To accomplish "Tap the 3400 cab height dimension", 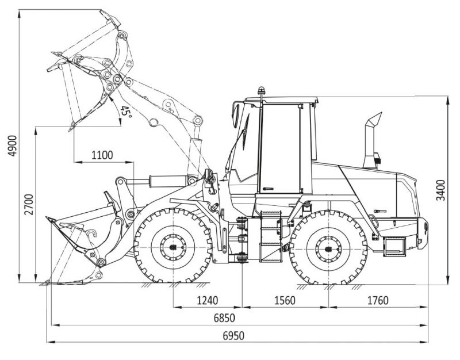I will pyautogui.click(x=440, y=190).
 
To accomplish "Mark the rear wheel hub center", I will pyautogui.click(x=328, y=248).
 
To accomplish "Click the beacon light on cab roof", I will pyautogui.click(x=262, y=92).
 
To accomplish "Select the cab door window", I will pyautogui.click(x=279, y=148).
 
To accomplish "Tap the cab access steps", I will pyautogui.click(x=271, y=236).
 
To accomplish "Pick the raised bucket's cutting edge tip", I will pyautogui.click(x=71, y=127).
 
